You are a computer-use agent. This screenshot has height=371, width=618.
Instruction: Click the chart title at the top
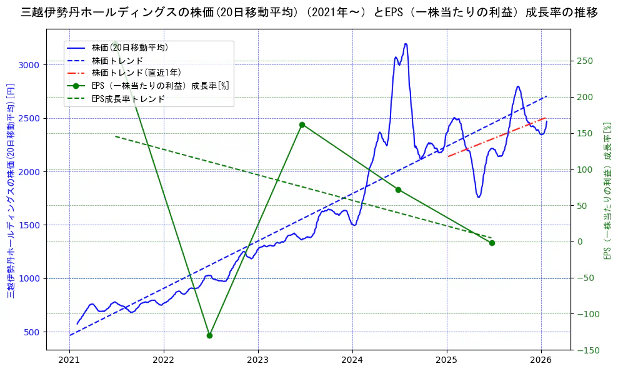tap(309, 13)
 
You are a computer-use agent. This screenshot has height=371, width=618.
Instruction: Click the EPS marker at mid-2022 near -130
tap(209, 335)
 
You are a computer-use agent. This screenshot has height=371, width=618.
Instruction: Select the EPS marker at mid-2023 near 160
tap(302, 125)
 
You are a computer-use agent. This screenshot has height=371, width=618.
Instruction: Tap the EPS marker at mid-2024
tap(398, 190)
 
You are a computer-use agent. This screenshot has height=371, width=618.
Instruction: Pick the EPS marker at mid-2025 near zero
tap(492, 243)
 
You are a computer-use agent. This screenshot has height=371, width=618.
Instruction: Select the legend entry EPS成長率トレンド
tap(128, 99)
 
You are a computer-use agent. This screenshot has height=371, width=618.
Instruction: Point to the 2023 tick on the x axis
tap(258, 360)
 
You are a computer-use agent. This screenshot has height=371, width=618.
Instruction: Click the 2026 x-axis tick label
tap(541, 360)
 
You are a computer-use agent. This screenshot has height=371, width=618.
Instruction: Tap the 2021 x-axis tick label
tap(69, 360)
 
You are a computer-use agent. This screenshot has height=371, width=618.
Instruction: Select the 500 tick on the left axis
tap(32, 332)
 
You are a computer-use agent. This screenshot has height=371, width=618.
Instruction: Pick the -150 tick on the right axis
tap(585, 350)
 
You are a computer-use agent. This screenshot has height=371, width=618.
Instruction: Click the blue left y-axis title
tap(11, 191)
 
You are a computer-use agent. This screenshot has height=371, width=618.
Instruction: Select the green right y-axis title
tap(606, 191)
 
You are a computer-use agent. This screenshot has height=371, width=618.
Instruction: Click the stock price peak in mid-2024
tap(406, 44)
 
